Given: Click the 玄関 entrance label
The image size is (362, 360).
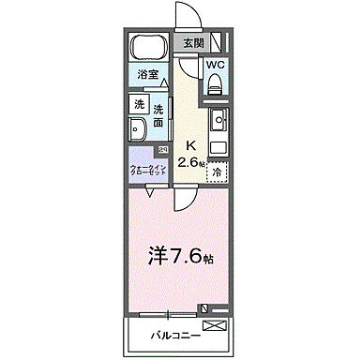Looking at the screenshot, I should click(x=192, y=42).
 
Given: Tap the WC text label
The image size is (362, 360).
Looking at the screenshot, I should click(x=215, y=65).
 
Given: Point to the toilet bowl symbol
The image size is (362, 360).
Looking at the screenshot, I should click(x=214, y=83).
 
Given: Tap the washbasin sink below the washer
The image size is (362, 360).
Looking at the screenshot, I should click(x=138, y=130).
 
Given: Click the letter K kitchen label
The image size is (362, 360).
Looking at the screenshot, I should click(x=190, y=145).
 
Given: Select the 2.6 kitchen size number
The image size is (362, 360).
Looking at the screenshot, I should click(x=191, y=161).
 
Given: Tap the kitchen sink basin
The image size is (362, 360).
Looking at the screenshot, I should click(x=219, y=119).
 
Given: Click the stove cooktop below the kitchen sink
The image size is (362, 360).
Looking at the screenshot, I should click(x=219, y=146).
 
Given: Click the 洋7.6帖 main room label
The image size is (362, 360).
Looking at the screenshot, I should click(x=180, y=254).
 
